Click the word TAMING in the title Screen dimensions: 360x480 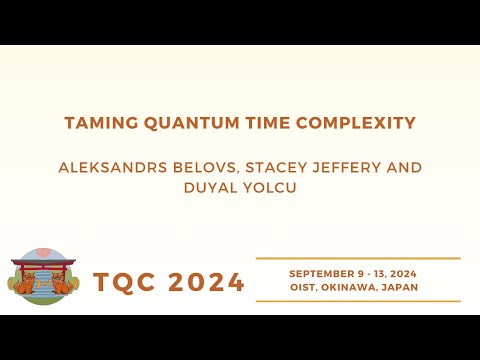coord(94,123)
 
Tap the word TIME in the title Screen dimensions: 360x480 coord(241,123)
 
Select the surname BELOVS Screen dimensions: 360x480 coord(210,163)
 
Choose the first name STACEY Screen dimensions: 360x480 coord(285,163)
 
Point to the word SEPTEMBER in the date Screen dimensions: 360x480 coord(322,273)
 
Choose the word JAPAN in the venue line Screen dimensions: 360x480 coord(402,287)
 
